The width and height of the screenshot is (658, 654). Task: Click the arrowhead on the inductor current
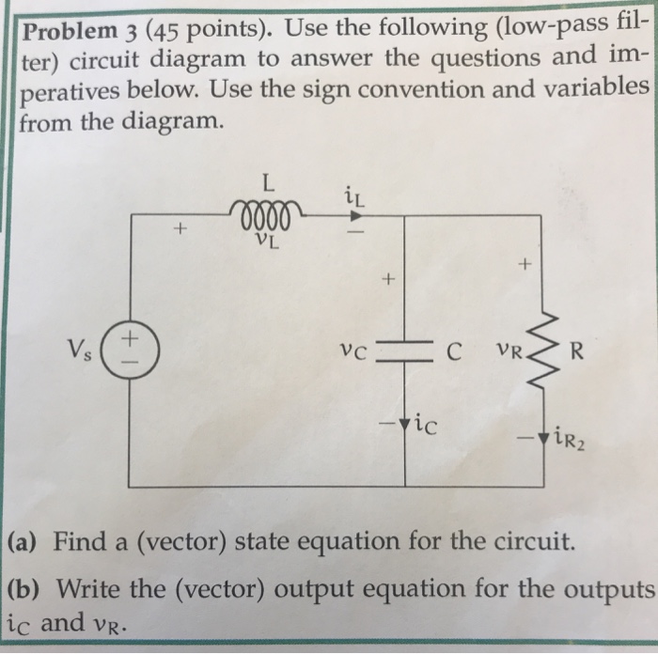[340, 214]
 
